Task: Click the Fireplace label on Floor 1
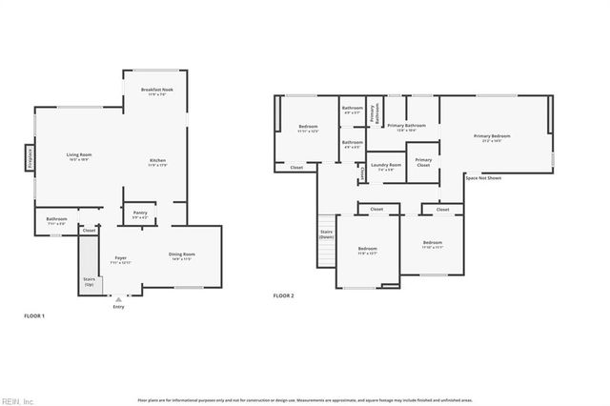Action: pyautogui.click(x=30, y=156)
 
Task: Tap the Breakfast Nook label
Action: pyautogui.click(x=155, y=91)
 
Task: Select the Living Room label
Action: pyautogui.click(x=79, y=155)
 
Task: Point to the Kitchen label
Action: pyautogui.click(x=157, y=160)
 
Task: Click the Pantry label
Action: pyautogui.click(x=140, y=213)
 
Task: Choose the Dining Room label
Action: pyautogui.click(x=181, y=254)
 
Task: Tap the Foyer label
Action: pyautogui.click(x=121, y=258)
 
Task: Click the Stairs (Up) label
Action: pyautogui.click(x=90, y=281)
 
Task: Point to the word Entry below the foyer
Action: pyautogui.click(x=118, y=306)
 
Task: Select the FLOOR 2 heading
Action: pyautogui.click(x=283, y=296)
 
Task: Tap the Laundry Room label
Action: pyautogui.click(x=386, y=166)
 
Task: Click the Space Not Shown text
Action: pyautogui.click(x=483, y=178)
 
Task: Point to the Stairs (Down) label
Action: pyautogui.click(x=326, y=233)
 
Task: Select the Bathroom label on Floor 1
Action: pyautogui.click(x=56, y=219)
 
